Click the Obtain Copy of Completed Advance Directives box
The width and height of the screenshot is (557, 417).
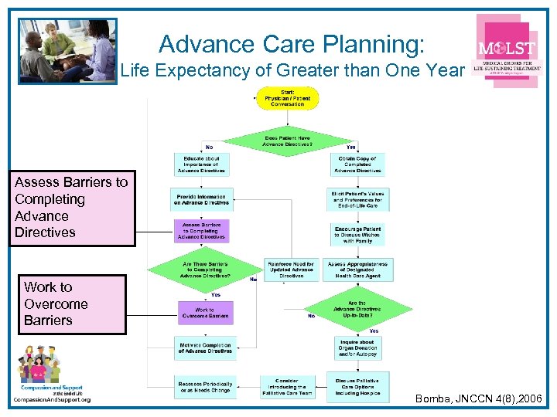pos(357,164)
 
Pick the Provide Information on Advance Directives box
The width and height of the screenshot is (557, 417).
pos(200,200)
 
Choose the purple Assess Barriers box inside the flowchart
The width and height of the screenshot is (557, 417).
pos(200,231)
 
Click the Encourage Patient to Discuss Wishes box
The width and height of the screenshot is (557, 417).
pos(357,234)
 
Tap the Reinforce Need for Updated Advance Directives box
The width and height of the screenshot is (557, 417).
pos(291,269)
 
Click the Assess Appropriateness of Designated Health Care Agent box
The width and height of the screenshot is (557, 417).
pos(358,269)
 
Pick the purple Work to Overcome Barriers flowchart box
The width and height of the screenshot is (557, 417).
pos(204,312)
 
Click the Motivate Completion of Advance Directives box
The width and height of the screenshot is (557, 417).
pos(204,348)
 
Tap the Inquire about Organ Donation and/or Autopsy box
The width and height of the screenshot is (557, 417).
pos(357,347)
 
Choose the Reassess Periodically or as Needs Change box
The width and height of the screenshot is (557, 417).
pos(204,386)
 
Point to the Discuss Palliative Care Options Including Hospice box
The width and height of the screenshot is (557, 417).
pos(357,386)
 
